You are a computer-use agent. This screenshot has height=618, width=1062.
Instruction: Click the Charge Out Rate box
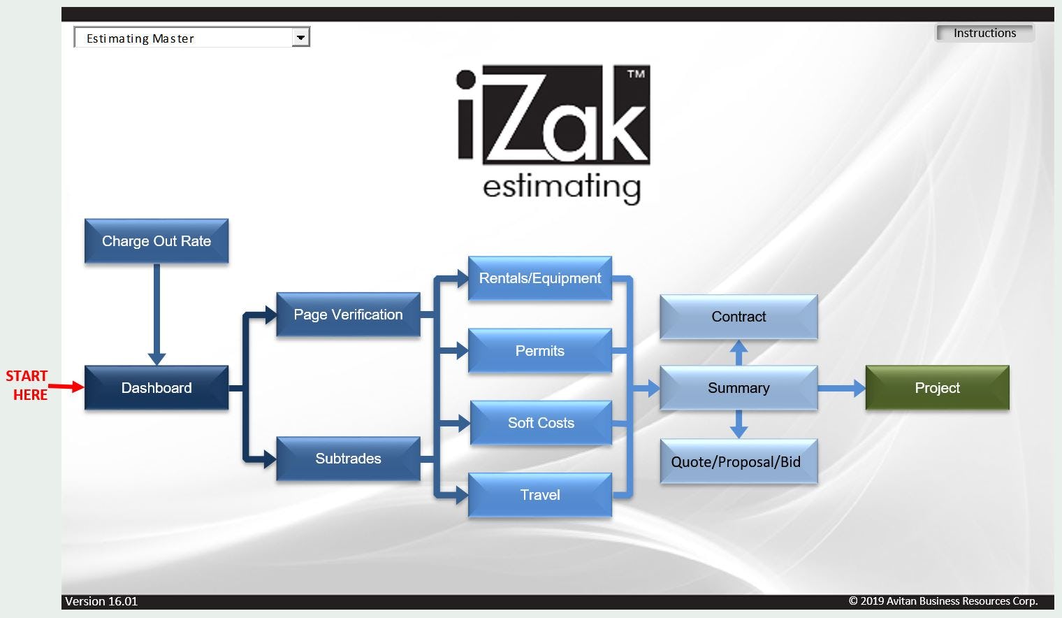click(x=157, y=241)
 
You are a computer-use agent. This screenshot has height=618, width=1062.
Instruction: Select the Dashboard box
click(x=157, y=387)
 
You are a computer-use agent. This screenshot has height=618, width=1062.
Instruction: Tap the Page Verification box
click(x=348, y=315)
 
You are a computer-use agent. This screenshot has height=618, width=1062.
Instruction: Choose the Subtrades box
click(x=348, y=459)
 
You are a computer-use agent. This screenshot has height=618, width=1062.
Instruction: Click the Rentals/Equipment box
click(x=539, y=278)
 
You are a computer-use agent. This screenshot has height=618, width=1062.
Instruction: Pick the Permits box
click(x=539, y=351)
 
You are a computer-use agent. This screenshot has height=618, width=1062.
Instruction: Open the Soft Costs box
click(x=541, y=423)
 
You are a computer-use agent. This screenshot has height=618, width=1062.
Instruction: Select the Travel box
click(x=539, y=495)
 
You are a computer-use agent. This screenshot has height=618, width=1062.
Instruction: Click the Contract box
click(x=739, y=317)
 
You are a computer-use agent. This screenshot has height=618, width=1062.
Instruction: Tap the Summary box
click(x=739, y=388)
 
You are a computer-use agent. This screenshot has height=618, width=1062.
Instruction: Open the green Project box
click(x=937, y=388)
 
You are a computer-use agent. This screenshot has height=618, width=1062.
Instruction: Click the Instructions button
click(x=984, y=33)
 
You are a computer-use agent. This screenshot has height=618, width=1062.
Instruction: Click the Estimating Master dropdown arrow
click(x=300, y=38)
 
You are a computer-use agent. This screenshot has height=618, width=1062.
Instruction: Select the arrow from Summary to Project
click(x=842, y=388)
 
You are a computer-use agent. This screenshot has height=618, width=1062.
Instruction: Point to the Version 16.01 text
click(x=101, y=601)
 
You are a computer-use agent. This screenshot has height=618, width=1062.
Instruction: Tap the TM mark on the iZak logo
click(x=635, y=73)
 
